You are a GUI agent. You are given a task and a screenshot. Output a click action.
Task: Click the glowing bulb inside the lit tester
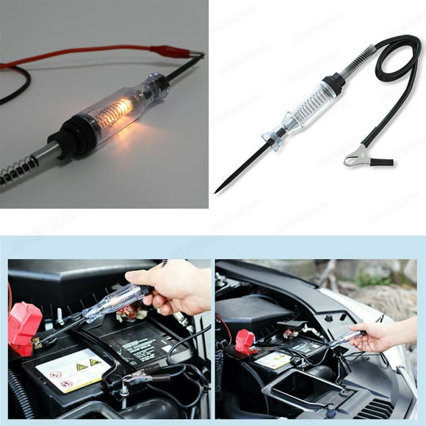point(118,112)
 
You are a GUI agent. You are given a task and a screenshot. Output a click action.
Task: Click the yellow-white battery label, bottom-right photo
point(273,360)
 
